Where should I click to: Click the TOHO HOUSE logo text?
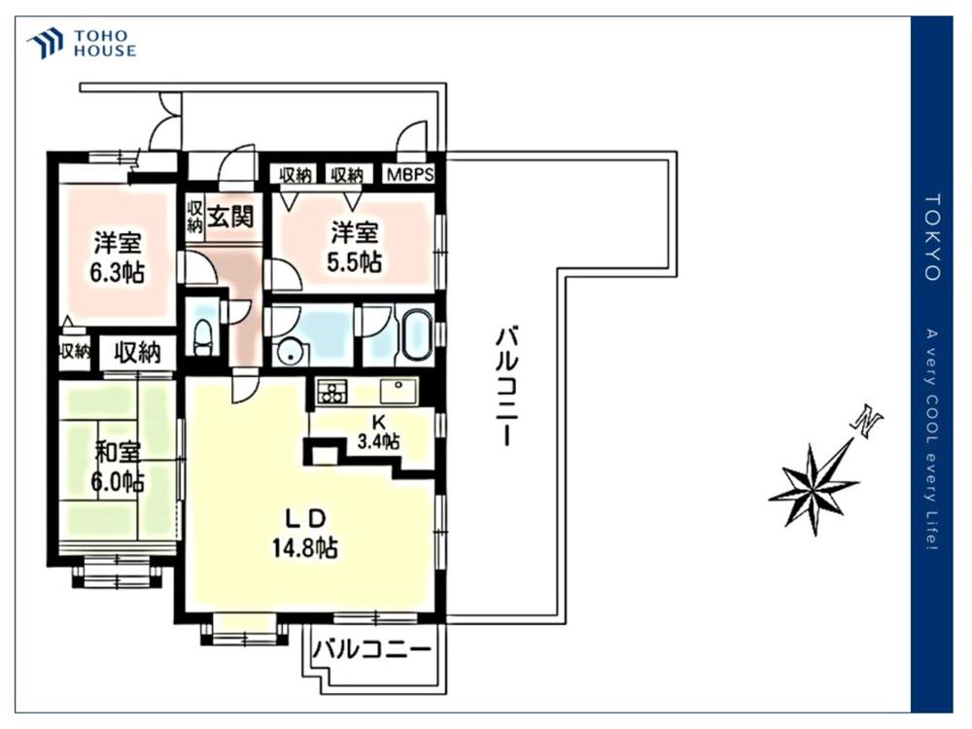click(x=105, y=44)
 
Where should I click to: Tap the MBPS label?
click(x=410, y=175)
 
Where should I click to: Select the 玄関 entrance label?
click(x=230, y=217)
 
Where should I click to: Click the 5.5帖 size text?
click(x=354, y=262)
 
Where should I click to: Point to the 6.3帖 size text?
click(x=118, y=272)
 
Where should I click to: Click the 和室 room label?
click(x=117, y=453)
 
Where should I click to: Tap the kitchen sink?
click(x=397, y=391)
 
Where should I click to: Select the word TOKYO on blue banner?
click(x=933, y=237)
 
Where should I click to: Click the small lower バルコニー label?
click(x=371, y=650)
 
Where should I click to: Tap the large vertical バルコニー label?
click(x=505, y=388)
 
